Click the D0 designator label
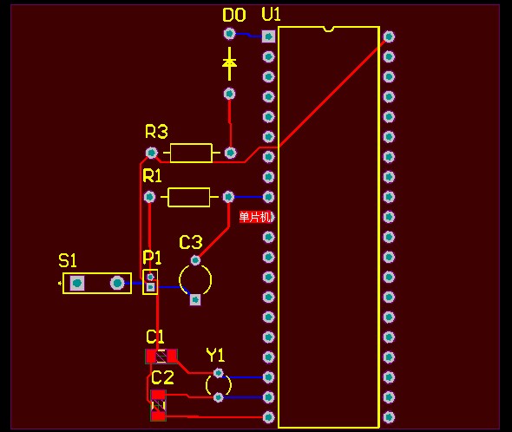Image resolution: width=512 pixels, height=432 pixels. click(x=233, y=15)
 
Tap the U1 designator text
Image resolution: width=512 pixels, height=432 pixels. click(x=271, y=15)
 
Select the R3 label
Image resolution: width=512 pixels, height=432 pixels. click(x=156, y=132)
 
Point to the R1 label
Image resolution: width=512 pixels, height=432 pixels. click(x=152, y=176)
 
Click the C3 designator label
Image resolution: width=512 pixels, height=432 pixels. click(x=191, y=242)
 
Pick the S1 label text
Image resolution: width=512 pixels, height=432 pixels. click(x=68, y=260)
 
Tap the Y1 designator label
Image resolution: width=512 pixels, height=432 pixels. click(x=215, y=355)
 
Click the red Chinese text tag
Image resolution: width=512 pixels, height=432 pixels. click(x=256, y=217)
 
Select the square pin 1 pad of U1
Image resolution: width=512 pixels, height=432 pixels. click(x=268, y=36)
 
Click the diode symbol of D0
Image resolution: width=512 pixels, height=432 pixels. click(x=230, y=63)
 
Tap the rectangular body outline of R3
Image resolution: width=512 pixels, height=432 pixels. click(x=191, y=153)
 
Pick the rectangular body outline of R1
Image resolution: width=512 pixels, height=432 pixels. click(x=188, y=197)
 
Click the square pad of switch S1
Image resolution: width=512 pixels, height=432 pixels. click(x=77, y=283)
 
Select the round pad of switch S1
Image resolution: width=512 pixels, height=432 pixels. click(x=117, y=283)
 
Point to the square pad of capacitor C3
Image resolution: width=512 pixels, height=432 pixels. click(x=195, y=299)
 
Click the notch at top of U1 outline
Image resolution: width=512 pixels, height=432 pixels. click(x=328, y=29)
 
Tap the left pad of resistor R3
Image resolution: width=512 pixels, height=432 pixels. click(x=151, y=153)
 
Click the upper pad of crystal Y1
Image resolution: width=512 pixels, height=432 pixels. click(x=218, y=372)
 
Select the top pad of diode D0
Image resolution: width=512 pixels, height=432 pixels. click(x=230, y=33)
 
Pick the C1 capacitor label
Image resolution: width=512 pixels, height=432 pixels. click(x=154, y=337)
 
